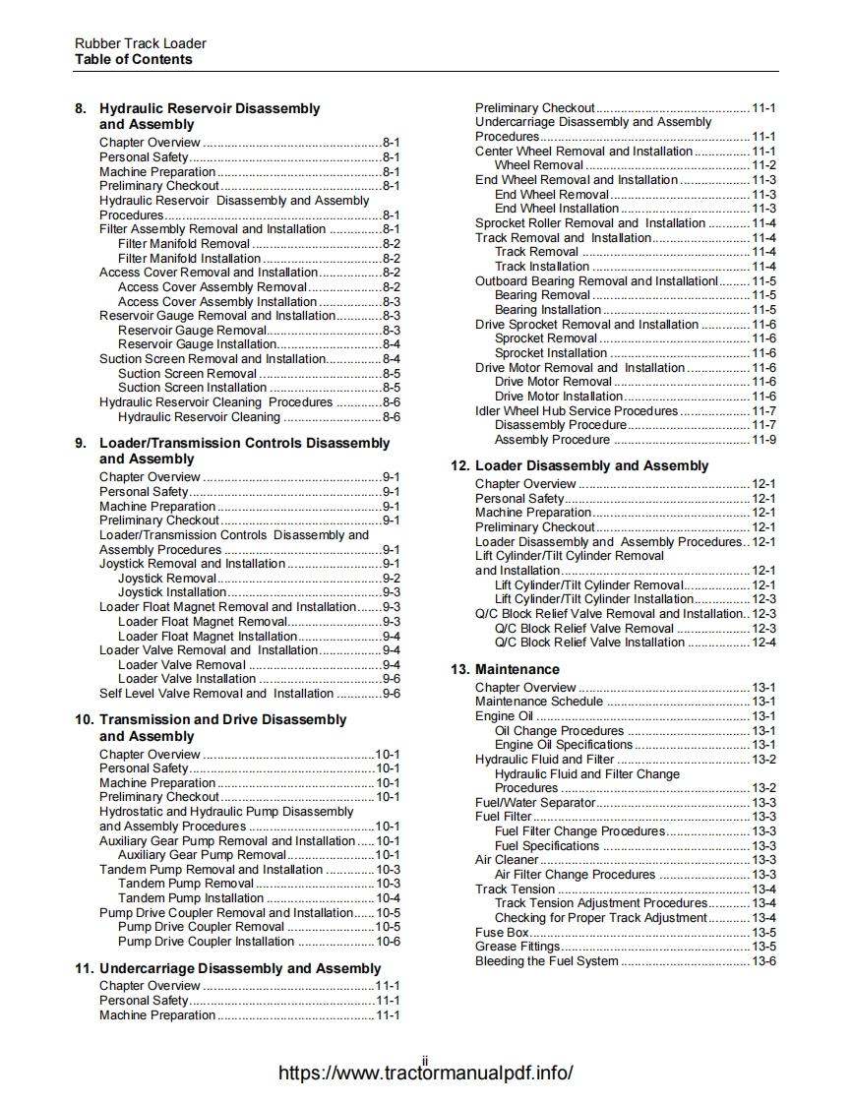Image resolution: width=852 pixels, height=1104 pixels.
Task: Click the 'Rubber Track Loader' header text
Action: click(141, 43)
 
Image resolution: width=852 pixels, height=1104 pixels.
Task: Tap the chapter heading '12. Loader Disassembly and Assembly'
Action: click(591, 465)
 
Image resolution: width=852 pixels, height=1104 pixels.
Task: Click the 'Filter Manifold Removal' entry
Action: click(183, 243)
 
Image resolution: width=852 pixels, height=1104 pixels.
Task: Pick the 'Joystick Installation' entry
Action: click(172, 592)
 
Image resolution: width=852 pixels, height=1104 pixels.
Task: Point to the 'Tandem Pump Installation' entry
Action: click(191, 898)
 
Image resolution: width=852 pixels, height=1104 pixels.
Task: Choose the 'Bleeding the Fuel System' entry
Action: click(546, 960)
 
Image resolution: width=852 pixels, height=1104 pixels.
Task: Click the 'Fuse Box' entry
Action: click(502, 932)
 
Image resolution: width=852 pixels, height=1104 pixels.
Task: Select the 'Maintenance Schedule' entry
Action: click(538, 702)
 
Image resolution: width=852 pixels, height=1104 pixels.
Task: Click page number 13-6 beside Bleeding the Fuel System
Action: click(763, 960)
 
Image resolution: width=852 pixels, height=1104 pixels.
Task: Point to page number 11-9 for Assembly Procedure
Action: click(763, 440)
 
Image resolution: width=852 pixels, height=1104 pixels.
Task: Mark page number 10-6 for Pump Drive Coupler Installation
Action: click(388, 942)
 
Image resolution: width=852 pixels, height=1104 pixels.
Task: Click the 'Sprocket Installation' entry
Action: click(551, 353)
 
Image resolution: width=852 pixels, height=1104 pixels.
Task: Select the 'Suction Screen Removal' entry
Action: click(187, 373)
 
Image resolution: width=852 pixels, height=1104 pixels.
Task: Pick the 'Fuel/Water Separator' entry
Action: click(535, 802)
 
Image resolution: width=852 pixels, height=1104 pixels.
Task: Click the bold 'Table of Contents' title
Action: click(134, 59)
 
